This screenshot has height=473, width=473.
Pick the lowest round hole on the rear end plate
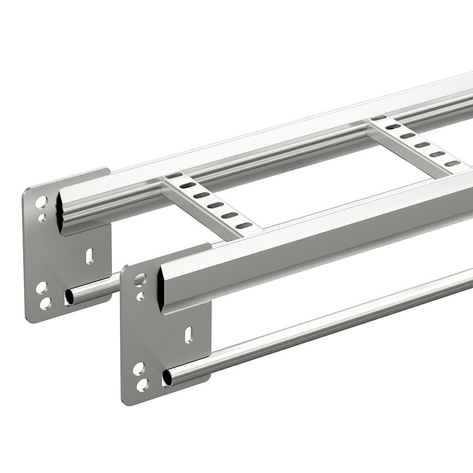tap(45, 302)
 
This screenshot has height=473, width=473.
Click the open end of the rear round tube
tap(69, 297)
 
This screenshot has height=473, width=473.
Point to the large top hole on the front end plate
tap(140, 280)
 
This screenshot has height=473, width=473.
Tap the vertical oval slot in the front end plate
tap(188, 334)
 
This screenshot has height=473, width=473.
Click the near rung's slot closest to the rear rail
tap(176, 176)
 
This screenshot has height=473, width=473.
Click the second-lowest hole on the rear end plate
tap(42, 287)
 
